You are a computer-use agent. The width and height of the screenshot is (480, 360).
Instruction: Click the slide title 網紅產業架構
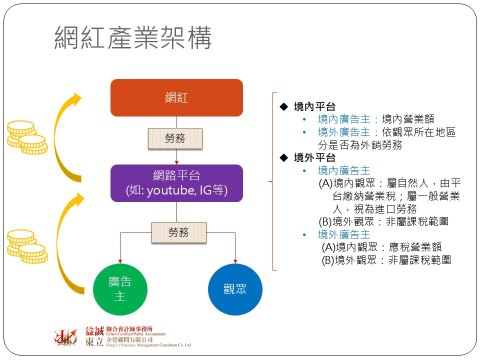click(133, 38)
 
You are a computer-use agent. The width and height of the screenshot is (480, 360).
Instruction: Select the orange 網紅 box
click(176, 97)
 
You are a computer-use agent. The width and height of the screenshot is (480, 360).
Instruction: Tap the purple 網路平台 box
click(176, 183)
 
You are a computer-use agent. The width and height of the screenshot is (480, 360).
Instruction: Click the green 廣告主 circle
click(120, 289)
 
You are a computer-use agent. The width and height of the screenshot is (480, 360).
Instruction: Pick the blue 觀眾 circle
click(234, 289)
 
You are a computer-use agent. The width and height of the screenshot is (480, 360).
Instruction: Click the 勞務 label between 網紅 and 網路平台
click(175, 138)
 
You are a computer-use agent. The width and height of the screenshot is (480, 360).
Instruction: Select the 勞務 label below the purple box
click(178, 232)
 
